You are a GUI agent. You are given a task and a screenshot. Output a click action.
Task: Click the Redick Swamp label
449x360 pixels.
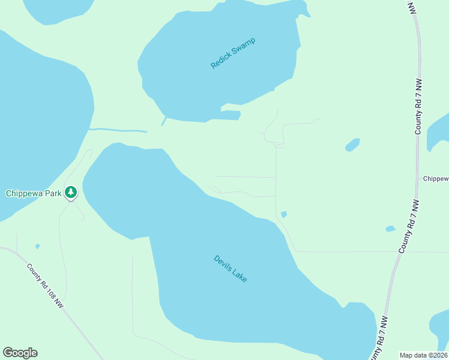[x=233, y=53]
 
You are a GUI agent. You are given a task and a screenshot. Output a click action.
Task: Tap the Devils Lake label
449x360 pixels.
[x=231, y=269]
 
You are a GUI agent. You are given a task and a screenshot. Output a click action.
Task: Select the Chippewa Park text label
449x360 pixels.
[x=32, y=193]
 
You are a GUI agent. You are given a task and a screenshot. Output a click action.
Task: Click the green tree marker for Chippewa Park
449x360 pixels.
[x=71, y=192]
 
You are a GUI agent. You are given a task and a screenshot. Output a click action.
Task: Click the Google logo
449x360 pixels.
[x=20, y=353]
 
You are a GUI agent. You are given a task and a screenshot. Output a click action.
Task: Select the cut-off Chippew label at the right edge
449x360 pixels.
[x=436, y=179]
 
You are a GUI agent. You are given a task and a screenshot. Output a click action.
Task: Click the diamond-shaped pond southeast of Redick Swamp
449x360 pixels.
[x=352, y=145]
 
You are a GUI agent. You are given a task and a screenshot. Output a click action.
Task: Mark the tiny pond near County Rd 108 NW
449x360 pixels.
[x=38, y=246]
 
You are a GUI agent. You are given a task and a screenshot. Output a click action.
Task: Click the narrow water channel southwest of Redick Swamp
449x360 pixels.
[x=118, y=130]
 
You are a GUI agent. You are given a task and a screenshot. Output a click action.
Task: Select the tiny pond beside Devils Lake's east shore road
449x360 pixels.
[x=283, y=214]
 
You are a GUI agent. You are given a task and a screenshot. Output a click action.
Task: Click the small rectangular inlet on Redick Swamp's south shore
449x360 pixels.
[x=231, y=115]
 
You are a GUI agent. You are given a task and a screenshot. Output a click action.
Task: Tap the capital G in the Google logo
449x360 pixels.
[x=8, y=353]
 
